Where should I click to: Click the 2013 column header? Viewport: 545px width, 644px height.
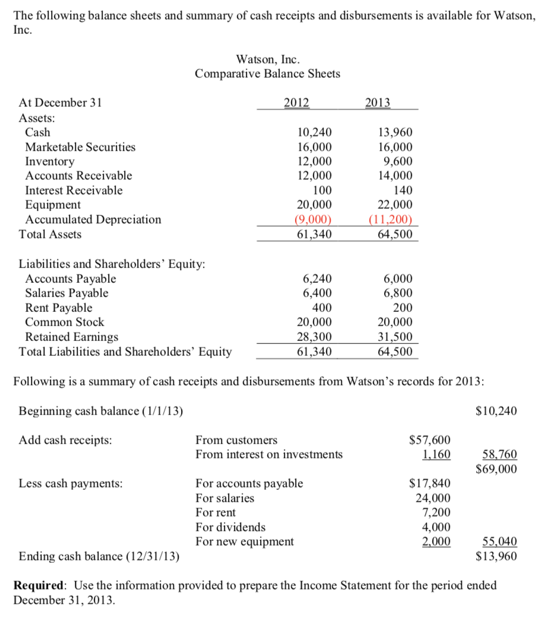pos(378,102)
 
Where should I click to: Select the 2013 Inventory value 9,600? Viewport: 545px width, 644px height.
pos(398,161)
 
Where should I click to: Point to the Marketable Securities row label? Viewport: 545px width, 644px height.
pos(80,147)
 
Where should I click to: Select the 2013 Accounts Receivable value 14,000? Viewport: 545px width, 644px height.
pos(395,176)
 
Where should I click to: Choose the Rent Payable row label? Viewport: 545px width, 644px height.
pos(59,308)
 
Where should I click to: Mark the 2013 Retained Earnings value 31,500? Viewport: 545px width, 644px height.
pos(395,337)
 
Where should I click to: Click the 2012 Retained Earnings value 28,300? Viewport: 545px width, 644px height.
pos(314,337)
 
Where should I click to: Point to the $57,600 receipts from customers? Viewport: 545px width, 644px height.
pos(430,440)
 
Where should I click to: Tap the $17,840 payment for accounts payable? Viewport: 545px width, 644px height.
pos(430,483)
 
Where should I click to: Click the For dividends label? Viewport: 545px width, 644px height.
pos(231,527)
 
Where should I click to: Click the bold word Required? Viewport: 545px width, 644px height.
pos(40,586)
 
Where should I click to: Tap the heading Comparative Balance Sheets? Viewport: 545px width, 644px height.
pos(268,74)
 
